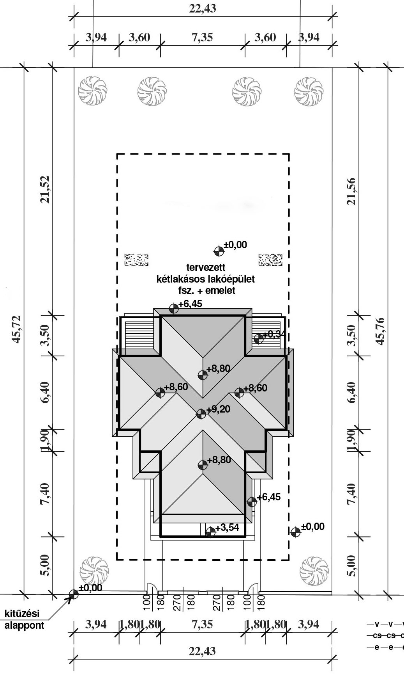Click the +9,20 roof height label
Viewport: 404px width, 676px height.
click(218, 409)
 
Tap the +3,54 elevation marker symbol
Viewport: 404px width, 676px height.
click(210, 532)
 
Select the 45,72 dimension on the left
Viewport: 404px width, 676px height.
click(17, 329)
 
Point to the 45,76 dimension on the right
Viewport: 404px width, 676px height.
click(380, 331)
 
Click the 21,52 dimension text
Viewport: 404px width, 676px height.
click(46, 189)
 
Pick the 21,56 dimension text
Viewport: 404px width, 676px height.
click(351, 191)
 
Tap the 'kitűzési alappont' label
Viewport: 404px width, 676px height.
click(24, 619)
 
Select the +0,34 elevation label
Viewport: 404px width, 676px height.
click(274, 334)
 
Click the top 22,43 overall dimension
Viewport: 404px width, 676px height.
click(203, 8)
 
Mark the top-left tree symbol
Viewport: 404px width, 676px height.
click(92, 91)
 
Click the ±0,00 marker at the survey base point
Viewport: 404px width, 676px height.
click(73, 594)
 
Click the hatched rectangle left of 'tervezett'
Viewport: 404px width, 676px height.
click(136, 260)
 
